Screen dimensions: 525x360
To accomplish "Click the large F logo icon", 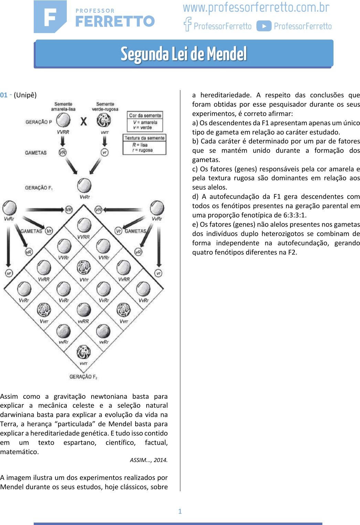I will coord(50,17).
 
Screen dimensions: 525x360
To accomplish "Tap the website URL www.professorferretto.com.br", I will coord(256,7).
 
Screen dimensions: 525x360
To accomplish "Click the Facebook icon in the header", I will coord(188,24).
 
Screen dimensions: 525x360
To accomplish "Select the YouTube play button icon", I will coord(264,26).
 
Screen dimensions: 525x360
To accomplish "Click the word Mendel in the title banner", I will coord(227,54).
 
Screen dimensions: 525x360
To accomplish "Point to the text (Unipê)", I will coord(25,95).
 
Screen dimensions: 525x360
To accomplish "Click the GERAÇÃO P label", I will coord(39,122).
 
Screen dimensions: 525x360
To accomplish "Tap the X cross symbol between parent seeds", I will coord(84,121).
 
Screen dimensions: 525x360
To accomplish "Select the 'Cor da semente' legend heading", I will coord(145,116).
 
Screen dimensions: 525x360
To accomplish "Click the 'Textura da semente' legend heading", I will coord(145,138).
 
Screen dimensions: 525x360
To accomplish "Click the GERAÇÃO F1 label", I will coord(39,188).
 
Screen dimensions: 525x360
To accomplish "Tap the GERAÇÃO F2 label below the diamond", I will coord(83,377).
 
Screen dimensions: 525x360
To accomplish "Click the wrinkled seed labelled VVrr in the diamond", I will coord(84,267).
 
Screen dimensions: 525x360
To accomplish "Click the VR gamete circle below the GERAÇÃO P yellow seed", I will coord(62,152).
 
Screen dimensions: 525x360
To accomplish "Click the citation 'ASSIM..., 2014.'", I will coord(148,460).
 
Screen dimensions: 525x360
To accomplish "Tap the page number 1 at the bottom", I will coord(180,511).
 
